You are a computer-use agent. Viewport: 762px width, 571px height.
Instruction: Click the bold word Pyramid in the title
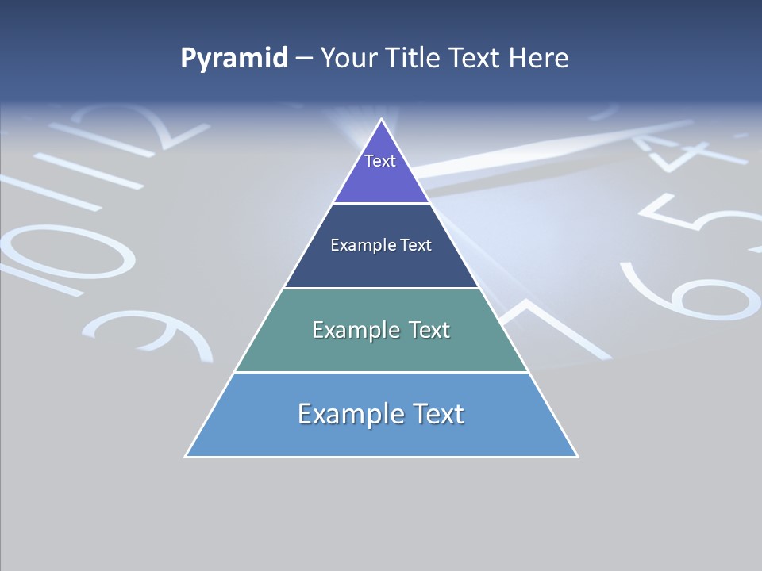tap(234, 58)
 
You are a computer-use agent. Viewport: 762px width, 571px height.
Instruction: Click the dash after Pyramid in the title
tap(303, 59)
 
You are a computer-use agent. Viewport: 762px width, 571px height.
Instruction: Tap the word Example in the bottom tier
tap(349, 414)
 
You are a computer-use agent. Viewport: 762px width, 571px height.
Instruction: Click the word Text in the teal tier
tap(429, 330)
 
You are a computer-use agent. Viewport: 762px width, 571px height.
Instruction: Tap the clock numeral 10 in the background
tap(63, 246)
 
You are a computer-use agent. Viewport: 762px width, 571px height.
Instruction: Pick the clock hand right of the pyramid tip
tap(556, 143)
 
